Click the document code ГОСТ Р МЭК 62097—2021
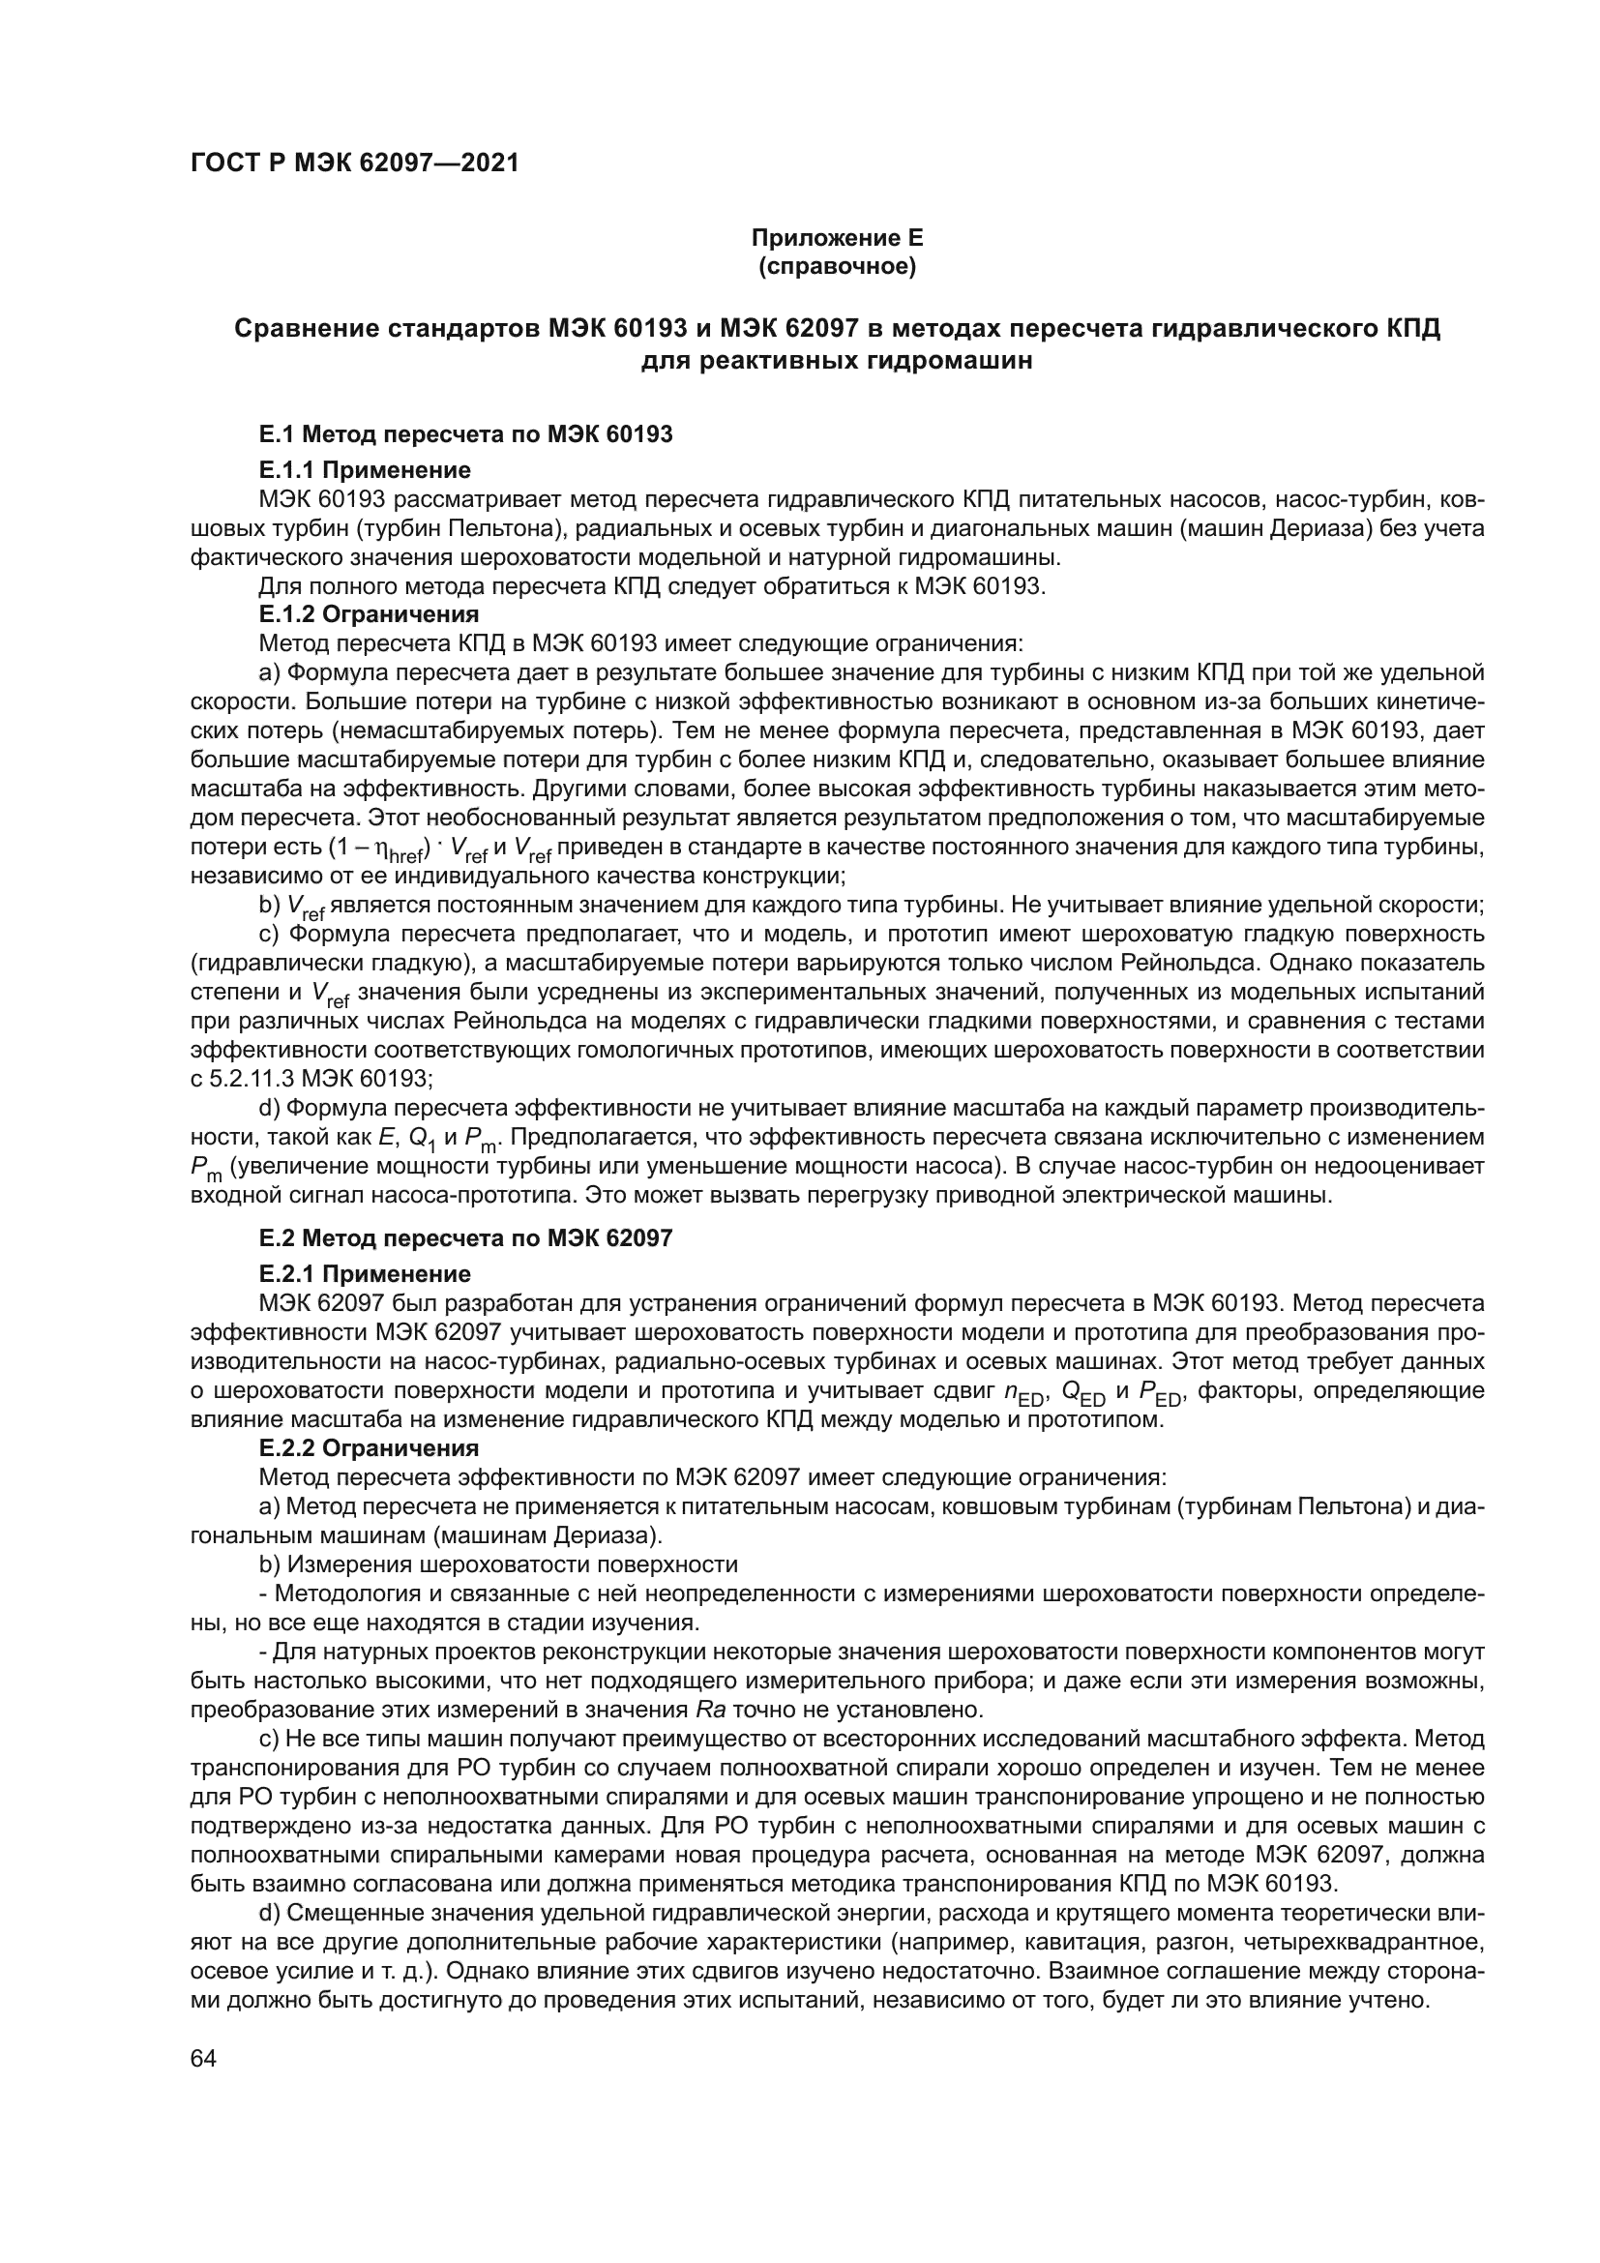[355, 163]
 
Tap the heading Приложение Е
[838, 239]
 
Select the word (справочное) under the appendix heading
[838, 267]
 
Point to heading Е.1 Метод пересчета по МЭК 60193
[465, 433]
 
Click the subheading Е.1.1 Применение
[365, 470]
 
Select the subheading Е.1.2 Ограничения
[369, 615]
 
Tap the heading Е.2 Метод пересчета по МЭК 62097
[465, 1238]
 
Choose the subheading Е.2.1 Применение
[365, 1274]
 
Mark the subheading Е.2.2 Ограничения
[369, 1449]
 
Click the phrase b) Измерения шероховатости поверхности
[497, 1565]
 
